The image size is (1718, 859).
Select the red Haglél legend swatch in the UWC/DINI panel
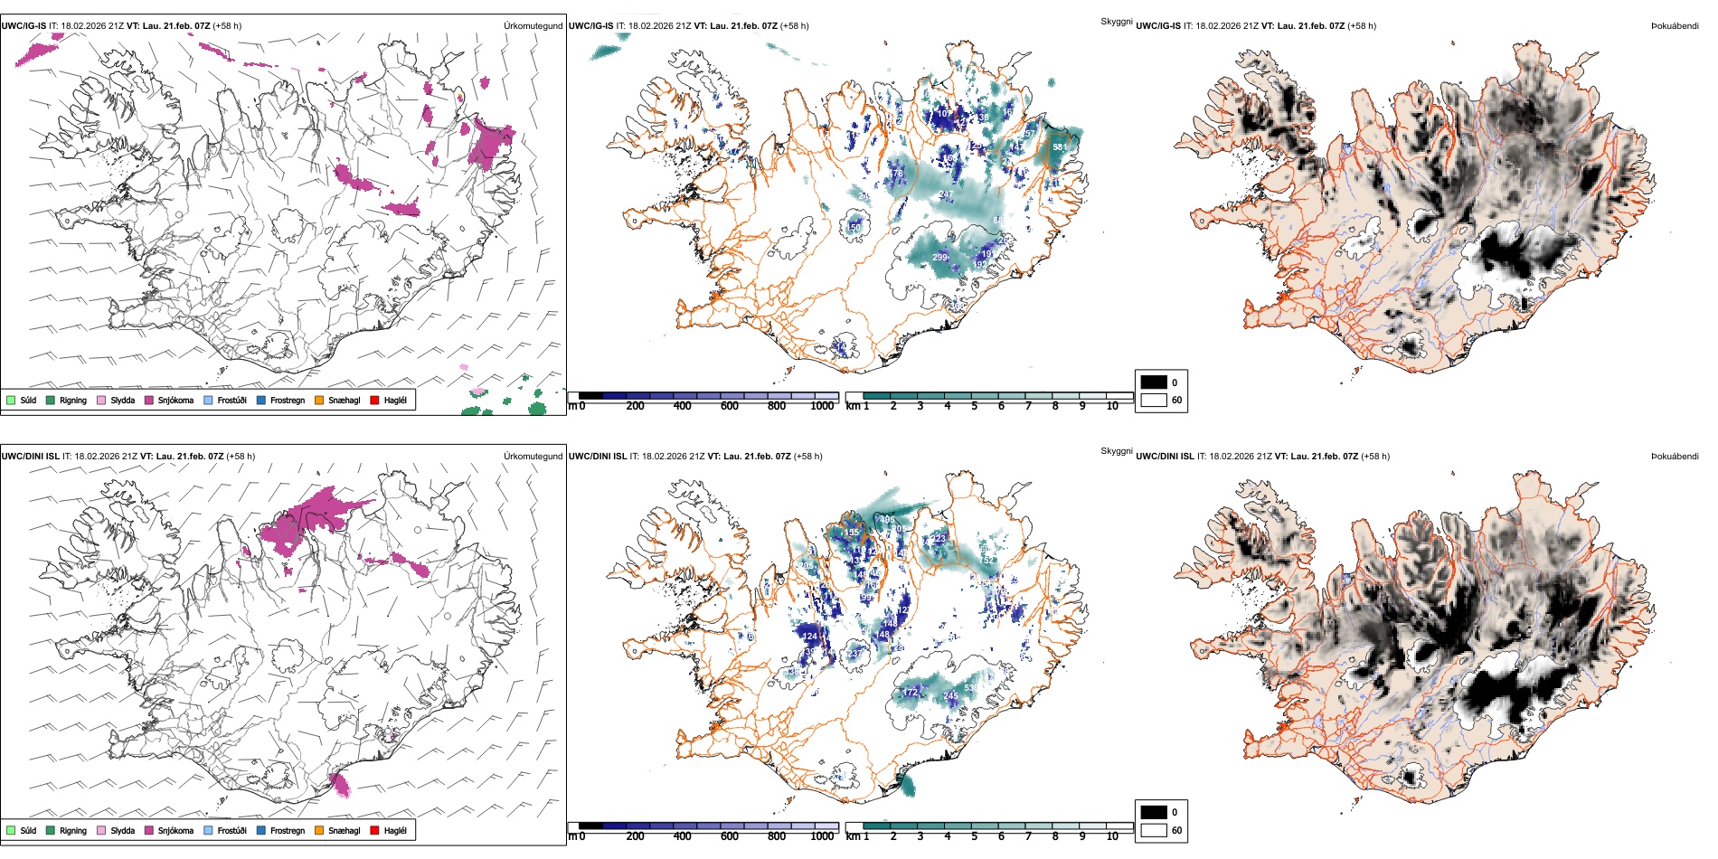[375, 830]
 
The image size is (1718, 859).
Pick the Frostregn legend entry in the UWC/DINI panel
[287, 830]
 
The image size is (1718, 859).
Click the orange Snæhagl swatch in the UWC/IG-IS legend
[319, 400]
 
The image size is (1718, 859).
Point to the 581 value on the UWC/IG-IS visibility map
[1060, 147]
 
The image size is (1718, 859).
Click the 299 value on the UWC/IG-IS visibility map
[939, 258]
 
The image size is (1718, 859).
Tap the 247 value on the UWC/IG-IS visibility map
[945, 195]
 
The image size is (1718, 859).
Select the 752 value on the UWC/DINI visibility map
[987, 560]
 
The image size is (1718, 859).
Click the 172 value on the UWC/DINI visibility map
[910, 692]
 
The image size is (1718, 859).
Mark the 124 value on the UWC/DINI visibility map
[810, 637]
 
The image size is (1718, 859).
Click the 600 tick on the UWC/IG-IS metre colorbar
[730, 406]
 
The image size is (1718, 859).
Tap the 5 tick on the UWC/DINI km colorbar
[975, 836]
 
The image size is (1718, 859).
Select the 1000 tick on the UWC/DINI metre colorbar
[822, 836]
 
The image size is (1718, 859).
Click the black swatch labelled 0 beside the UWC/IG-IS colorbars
[1154, 382]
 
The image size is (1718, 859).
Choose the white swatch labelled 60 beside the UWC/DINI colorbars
[1154, 830]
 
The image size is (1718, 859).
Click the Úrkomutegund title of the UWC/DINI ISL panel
[533, 456]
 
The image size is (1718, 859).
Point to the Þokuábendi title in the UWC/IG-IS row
[1675, 25]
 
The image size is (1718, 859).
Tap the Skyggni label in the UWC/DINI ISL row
[1116, 450]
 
